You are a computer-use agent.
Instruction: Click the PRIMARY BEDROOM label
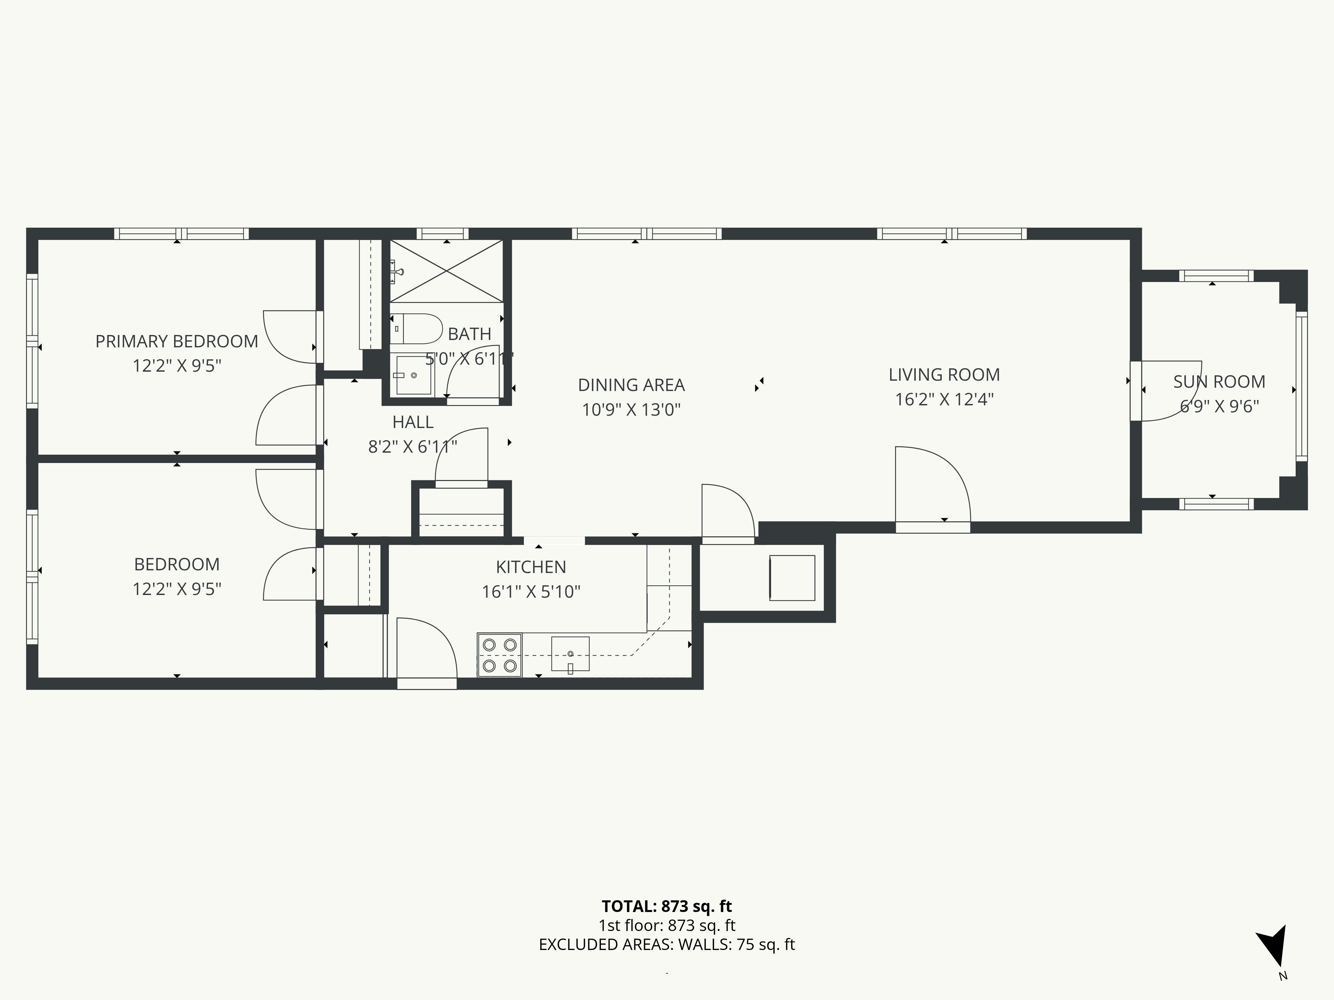(177, 341)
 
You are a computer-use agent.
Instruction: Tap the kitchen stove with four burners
(499, 655)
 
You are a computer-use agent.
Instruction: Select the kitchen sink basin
(570, 653)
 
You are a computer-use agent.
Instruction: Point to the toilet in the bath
(416, 329)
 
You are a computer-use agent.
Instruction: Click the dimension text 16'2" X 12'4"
(944, 400)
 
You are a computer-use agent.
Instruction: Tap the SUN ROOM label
(1219, 382)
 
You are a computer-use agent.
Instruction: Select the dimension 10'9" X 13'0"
(631, 410)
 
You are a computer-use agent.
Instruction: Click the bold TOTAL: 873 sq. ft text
(666, 906)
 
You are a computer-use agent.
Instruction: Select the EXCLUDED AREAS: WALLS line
(666, 945)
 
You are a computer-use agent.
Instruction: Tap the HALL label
(413, 422)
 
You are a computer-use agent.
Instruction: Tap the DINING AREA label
(631, 385)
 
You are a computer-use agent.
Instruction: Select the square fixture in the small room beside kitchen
(792, 577)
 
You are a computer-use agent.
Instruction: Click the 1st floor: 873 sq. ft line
(666, 925)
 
